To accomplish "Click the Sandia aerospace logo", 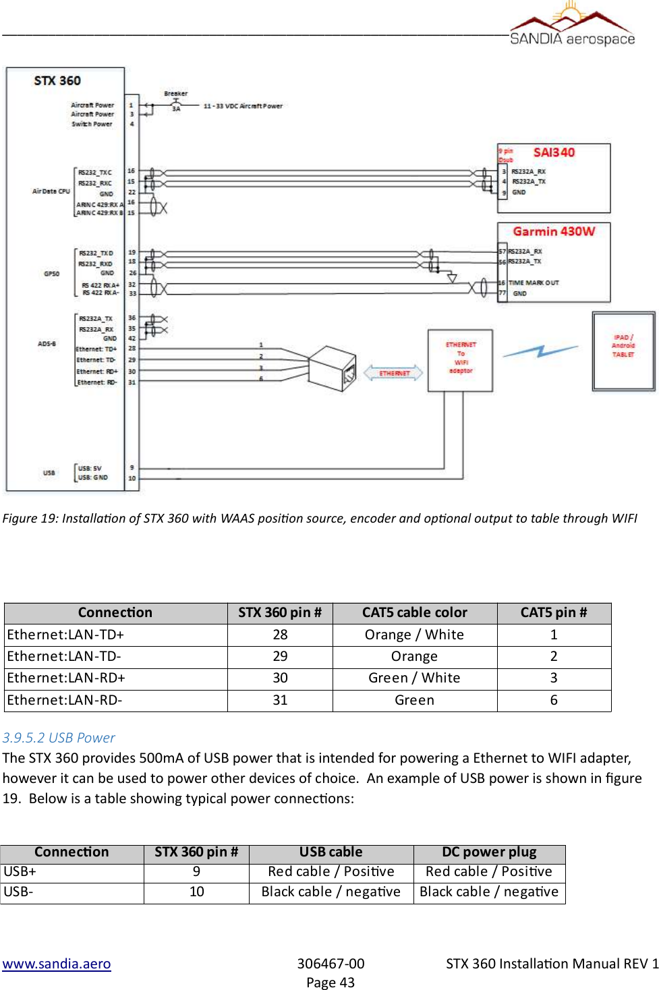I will [x=572, y=26].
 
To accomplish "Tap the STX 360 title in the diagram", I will [x=57, y=81].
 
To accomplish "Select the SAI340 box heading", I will [x=554, y=152].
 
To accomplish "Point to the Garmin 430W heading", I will [x=554, y=231].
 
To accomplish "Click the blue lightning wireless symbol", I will [x=540, y=351].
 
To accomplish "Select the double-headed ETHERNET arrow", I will [x=394, y=373].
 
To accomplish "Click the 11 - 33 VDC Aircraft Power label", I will [x=243, y=106].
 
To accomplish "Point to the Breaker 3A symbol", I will [x=175, y=101].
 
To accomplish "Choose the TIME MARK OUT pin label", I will [x=534, y=283].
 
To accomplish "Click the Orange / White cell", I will [x=414, y=635].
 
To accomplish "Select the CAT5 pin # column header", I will [x=554, y=612].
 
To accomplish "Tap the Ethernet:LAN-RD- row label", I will [x=65, y=700].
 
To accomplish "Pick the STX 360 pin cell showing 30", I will [x=280, y=678].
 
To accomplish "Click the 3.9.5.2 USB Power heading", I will [x=59, y=738].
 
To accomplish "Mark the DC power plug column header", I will [x=489, y=852].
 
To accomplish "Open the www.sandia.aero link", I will [x=57, y=964].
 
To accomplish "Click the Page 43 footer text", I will [x=331, y=983].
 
